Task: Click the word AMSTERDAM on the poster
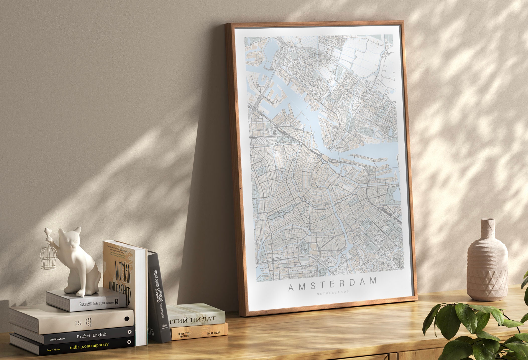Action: tap(332, 288)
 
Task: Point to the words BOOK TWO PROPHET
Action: tap(184, 335)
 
